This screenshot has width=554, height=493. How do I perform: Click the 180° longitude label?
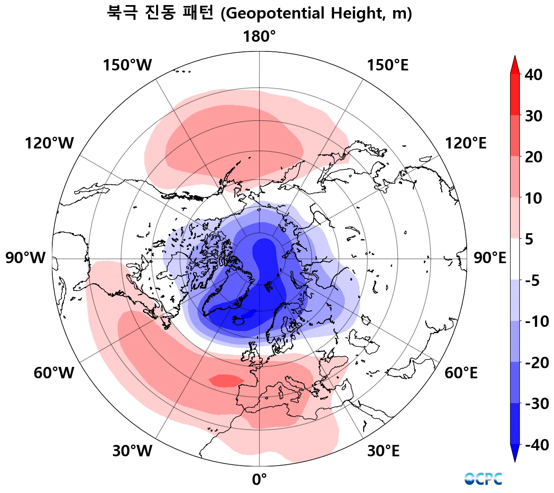click(x=259, y=37)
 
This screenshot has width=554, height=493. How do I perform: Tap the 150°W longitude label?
click(x=127, y=65)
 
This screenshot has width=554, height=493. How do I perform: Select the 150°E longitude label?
click(x=387, y=65)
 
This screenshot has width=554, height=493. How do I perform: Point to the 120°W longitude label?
click(x=49, y=143)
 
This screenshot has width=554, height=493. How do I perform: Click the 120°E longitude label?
click(x=466, y=143)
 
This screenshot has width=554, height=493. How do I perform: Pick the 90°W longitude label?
click(x=25, y=258)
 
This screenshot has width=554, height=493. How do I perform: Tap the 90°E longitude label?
click(x=489, y=258)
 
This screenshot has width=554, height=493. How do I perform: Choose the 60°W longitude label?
click(x=54, y=373)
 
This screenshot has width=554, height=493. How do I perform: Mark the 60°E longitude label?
click(x=461, y=373)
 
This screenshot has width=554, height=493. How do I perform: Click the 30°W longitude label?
click(x=132, y=451)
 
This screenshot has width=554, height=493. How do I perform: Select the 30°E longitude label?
click(x=383, y=451)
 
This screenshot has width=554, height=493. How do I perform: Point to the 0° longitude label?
click(x=259, y=480)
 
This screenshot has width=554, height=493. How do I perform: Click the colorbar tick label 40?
click(x=533, y=75)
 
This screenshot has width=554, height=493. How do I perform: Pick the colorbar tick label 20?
click(x=533, y=157)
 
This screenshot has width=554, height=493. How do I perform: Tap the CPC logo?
click(x=483, y=479)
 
